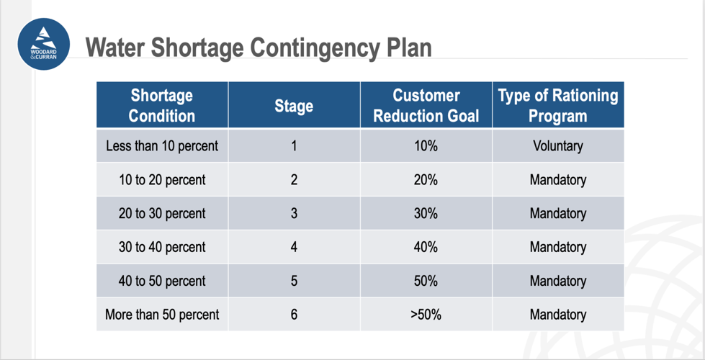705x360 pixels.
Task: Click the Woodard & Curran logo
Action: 44,44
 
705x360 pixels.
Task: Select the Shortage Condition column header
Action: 162,105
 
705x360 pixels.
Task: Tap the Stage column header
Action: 294,106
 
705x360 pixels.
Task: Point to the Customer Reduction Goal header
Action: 426,105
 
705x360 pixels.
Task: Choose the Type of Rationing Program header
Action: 558,105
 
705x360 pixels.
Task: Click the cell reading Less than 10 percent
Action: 162,146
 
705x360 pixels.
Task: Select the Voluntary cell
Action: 558,146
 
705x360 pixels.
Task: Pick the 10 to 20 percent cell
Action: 162,180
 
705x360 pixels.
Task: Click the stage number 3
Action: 294,214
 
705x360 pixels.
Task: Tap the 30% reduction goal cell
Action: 426,214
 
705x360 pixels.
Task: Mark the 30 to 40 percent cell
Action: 162,247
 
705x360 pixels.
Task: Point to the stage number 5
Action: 294,281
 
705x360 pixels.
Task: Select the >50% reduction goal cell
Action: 426,315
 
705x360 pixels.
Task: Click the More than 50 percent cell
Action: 162,315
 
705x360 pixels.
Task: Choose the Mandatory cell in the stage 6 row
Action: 558,315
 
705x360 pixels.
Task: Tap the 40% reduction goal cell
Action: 426,247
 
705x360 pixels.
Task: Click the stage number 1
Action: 294,146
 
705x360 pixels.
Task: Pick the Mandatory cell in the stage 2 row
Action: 558,180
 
